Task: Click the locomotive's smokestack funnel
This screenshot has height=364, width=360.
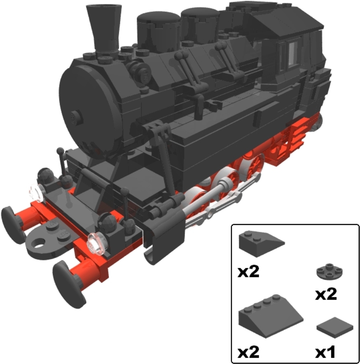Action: click(104, 29)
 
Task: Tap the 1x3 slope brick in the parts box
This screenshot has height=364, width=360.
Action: click(261, 244)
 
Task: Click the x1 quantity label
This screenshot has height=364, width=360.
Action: click(325, 352)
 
